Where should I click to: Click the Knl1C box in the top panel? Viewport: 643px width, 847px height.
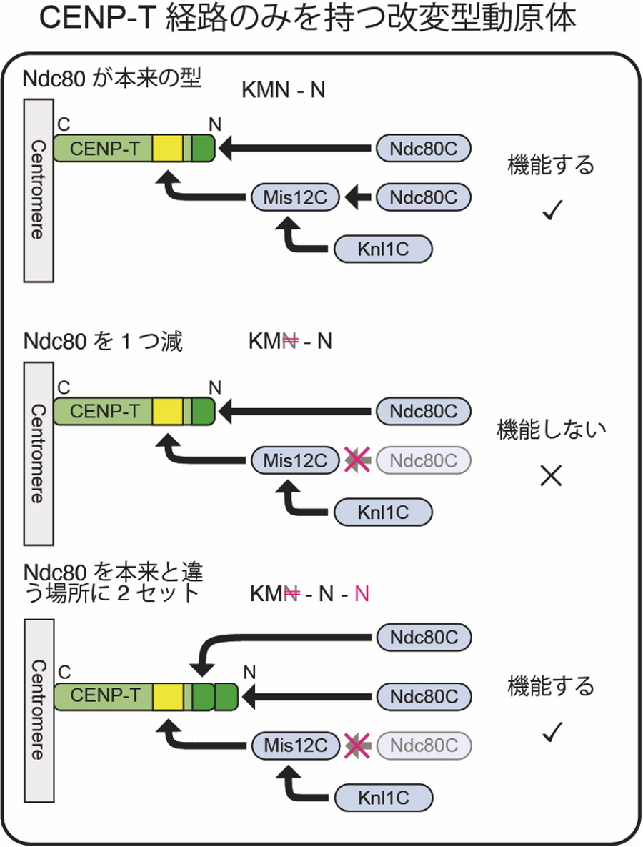click(x=383, y=249)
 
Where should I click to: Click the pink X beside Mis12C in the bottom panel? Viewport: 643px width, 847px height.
click(x=355, y=746)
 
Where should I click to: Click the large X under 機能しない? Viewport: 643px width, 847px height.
click(x=551, y=476)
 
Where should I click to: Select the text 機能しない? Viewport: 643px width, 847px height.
click(x=551, y=430)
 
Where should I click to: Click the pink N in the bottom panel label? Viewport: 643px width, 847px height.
click(x=362, y=594)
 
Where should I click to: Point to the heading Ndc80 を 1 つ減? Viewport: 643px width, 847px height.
click(x=103, y=342)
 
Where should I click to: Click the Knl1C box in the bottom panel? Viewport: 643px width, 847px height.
click(x=384, y=797)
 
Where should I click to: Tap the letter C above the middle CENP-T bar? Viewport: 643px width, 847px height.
click(x=64, y=387)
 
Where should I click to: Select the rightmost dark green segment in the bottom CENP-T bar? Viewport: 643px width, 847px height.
click(x=226, y=695)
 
